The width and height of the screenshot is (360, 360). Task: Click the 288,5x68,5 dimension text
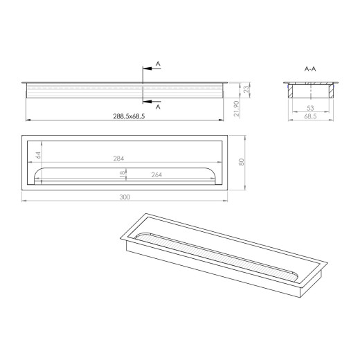(129, 116)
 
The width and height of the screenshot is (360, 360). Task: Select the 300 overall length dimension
(125, 197)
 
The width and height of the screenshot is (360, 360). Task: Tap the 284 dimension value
(118, 159)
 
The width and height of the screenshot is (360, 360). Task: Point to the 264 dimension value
(156, 174)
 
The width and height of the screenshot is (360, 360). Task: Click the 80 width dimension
(241, 162)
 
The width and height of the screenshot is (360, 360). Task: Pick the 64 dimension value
(39, 155)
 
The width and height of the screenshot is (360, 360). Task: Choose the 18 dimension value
(123, 174)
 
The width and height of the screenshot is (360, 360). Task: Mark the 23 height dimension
(246, 89)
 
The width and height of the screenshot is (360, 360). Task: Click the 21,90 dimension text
(236, 109)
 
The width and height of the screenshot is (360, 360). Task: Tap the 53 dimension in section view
(310, 108)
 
